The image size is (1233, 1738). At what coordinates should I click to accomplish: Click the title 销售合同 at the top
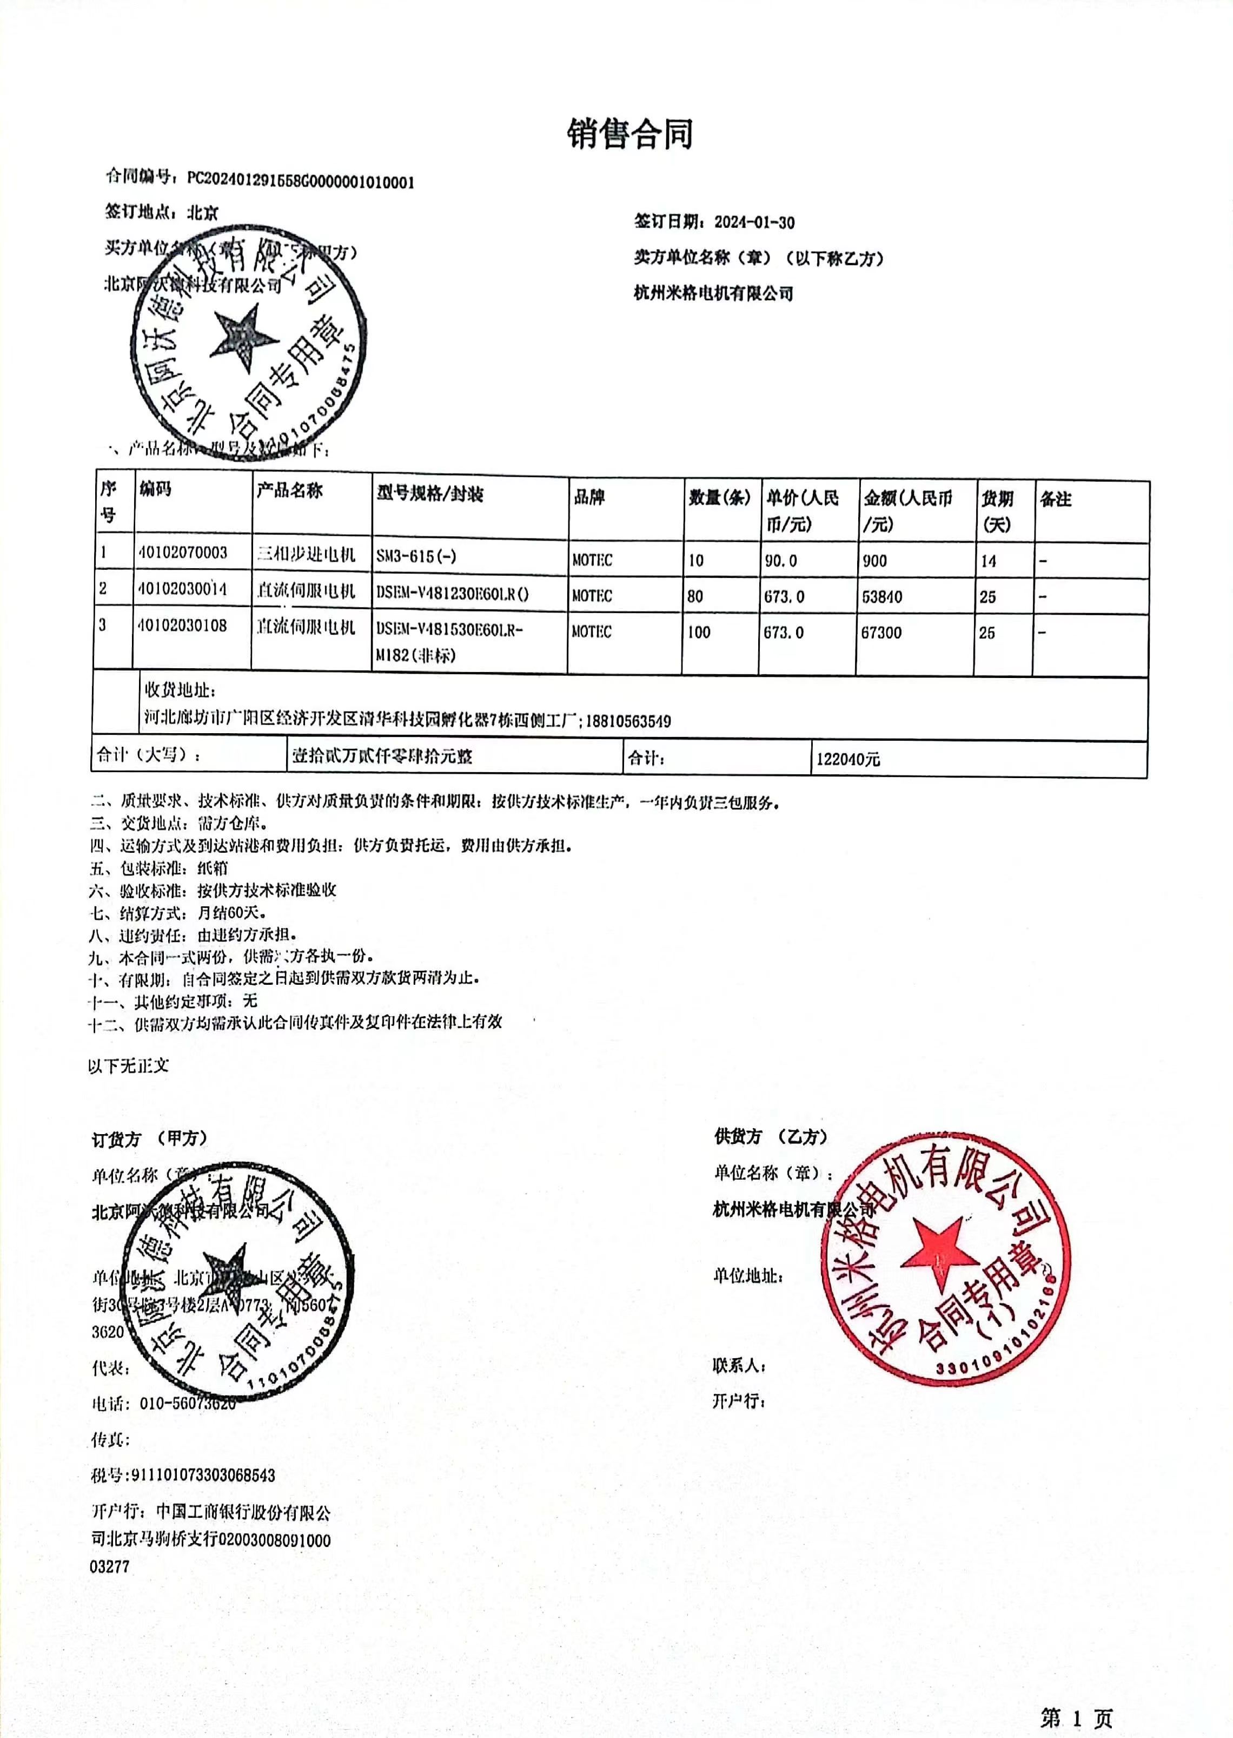point(629,134)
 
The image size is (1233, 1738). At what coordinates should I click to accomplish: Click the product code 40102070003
point(183,552)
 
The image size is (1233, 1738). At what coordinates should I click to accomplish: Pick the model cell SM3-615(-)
point(416,556)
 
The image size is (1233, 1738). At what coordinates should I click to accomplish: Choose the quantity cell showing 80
point(695,596)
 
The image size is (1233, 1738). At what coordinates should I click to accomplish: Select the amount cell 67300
point(881,632)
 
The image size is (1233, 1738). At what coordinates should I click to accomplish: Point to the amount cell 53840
point(881,596)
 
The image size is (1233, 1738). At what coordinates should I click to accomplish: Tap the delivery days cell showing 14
point(988,561)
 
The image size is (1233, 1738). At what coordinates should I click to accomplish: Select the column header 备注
point(1055,499)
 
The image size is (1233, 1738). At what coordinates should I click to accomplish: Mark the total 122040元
point(848,759)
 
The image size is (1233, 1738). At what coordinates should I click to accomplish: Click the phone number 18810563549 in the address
point(628,721)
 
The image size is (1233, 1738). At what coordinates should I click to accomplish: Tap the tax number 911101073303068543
point(203,1475)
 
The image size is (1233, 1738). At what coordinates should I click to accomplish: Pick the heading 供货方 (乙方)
point(771,1136)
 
